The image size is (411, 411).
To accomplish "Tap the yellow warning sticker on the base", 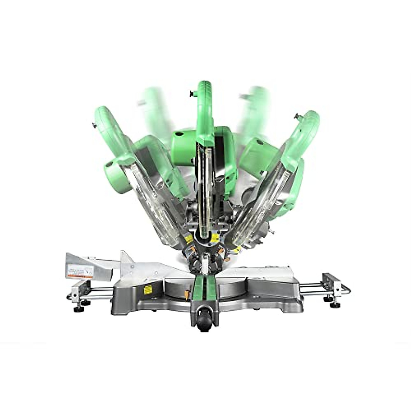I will (148, 290).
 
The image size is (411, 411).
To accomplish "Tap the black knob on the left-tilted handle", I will (94, 125).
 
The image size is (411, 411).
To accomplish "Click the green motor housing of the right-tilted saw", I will (253, 154).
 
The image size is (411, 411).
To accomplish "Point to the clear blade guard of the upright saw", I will (204, 192).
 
